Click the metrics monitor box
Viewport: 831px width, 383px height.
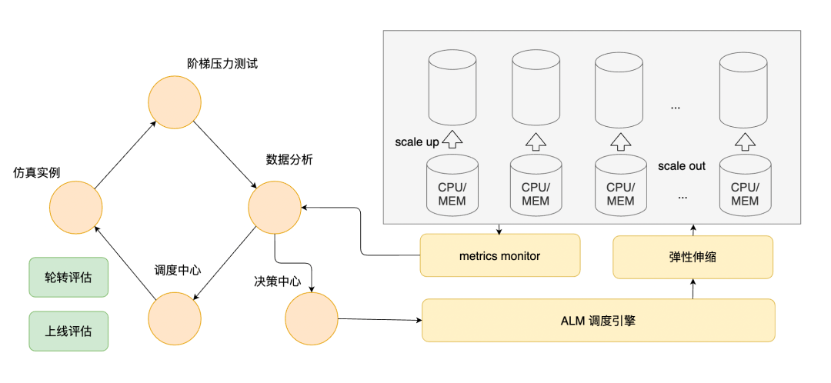(x=500, y=255)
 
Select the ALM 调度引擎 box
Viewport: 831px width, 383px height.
(x=599, y=320)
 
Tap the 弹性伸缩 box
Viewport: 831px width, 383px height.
(x=692, y=257)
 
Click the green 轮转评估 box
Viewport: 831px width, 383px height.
(x=68, y=277)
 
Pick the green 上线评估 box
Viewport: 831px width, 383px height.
(x=68, y=331)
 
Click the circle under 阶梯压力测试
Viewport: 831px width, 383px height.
(x=175, y=102)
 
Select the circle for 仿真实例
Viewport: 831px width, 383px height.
(x=75, y=207)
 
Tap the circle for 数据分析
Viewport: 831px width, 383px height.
(x=275, y=207)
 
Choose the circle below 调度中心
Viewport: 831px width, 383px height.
(x=175, y=319)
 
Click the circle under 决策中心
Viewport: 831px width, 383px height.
(x=312, y=319)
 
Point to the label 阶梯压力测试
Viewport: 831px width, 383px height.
(x=222, y=64)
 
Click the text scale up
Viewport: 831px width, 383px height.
(x=416, y=142)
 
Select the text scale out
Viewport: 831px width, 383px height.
(x=682, y=166)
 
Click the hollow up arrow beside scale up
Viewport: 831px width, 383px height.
(x=452, y=138)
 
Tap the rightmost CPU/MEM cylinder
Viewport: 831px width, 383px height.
(x=745, y=185)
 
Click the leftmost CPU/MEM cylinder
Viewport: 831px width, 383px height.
(x=452, y=185)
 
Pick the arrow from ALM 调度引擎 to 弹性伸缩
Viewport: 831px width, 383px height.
(x=692, y=288)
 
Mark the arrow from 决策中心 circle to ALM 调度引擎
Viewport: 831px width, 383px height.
(x=380, y=319)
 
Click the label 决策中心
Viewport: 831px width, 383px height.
(x=277, y=281)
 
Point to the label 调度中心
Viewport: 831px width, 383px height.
(x=176, y=270)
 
